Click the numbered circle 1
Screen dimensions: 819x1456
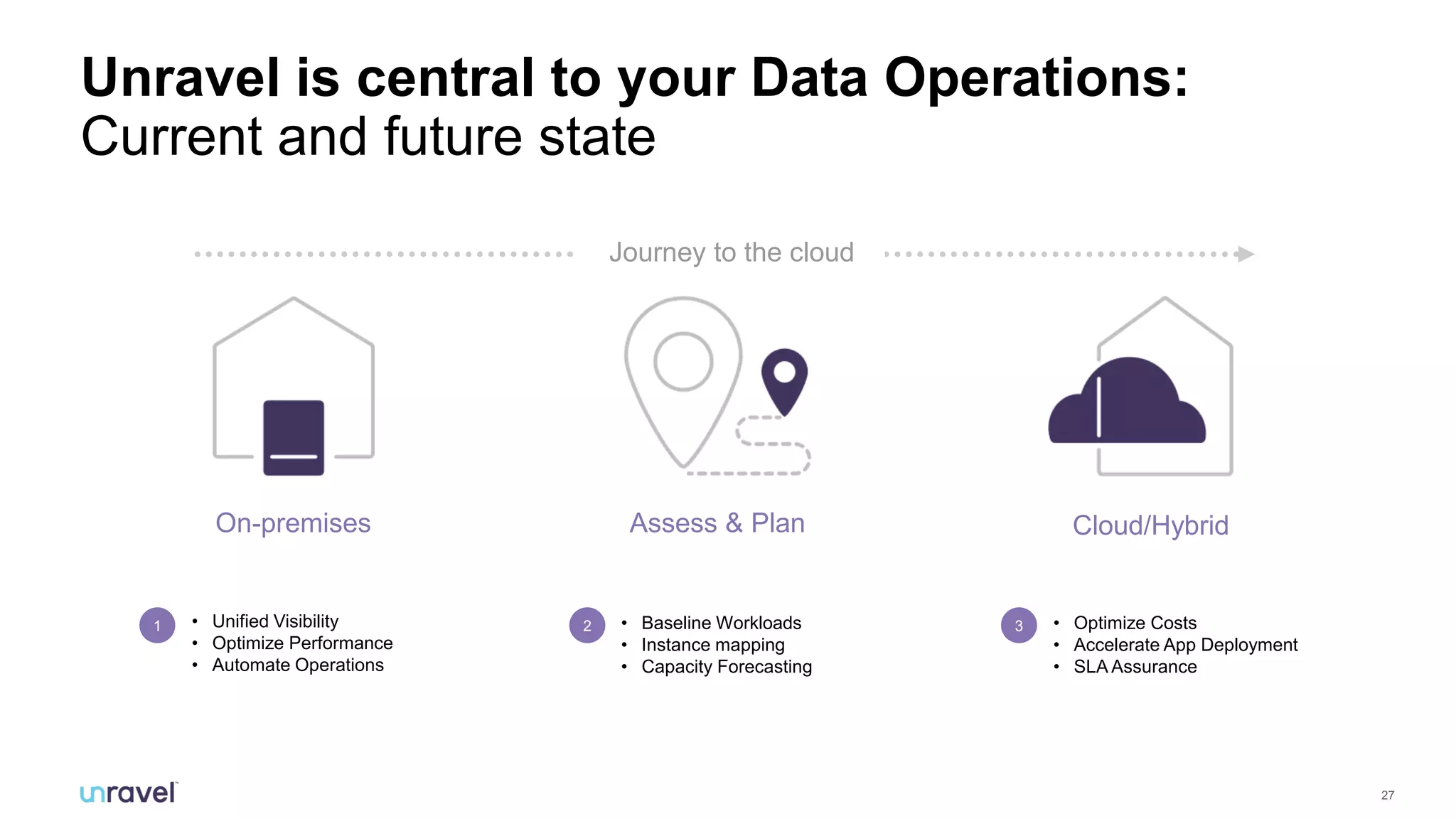click(x=157, y=626)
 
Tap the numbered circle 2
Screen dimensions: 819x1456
click(x=587, y=626)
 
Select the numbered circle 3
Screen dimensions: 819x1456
click(x=1019, y=626)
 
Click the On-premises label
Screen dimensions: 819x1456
click(x=293, y=523)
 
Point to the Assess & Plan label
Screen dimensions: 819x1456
click(x=717, y=523)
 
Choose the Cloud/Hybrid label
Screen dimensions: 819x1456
click(x=1150, y=525)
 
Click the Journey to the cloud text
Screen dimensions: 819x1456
click(x=732, y=252)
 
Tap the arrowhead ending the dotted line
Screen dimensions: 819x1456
click(x=1245, y=254)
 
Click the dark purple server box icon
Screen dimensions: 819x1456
click(x=294, y=437)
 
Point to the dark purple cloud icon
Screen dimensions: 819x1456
click(x=1127, y=405)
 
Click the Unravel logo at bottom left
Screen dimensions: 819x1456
click(x=128, y=793)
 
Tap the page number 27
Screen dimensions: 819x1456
click(x=1387, y=795)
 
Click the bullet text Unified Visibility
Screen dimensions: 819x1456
click(x=275, y=621)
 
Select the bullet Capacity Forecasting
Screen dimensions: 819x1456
click(x=726, y=667)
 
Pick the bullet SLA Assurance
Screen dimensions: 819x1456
click(x=1135, y=667)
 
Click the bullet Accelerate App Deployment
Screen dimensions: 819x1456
click(x=1185, y=645)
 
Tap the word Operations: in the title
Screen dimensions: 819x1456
click(x=1036, y=77)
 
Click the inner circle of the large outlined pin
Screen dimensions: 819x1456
click(x=683, y=362)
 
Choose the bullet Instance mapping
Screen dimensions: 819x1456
click(x=712, y=645)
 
